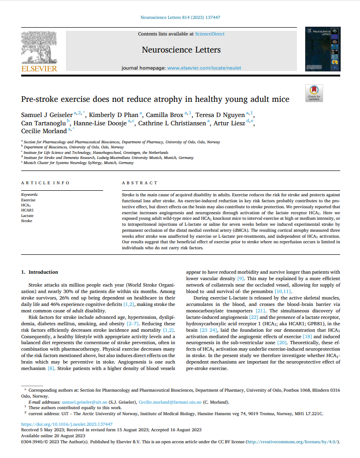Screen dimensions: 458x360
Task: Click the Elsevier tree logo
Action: pos(39,48)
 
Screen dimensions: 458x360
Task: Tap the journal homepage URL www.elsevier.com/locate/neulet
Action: pos(204,68)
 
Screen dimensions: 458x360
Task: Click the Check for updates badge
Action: pos(314,93)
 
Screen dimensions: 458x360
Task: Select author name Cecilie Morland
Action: pos(43,130)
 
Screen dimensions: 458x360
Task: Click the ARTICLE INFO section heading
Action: pos(45,183)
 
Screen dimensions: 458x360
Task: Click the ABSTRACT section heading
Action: pos(139,183)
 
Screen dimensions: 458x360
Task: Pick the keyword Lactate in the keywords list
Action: pos(27,215)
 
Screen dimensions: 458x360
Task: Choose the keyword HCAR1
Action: pos(28,210)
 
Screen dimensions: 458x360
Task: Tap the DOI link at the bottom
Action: pos(67,424)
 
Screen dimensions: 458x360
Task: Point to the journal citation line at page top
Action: pos(180,17)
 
